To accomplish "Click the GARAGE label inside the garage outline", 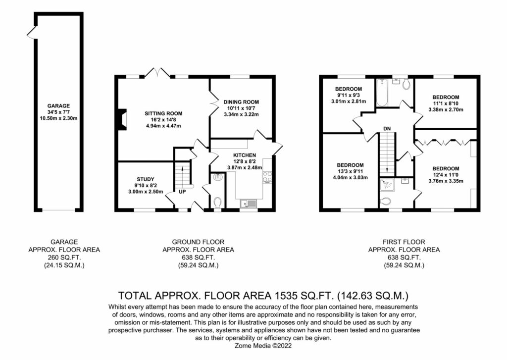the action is pos(58,106).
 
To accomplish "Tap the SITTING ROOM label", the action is pos(163,113).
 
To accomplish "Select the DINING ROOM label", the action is pos(241,102).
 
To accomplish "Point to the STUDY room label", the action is pos(146,179).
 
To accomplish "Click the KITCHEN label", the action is pos(245,155).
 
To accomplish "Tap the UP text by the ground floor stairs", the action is pos(182,192).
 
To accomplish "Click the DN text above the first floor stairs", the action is pos(387,129).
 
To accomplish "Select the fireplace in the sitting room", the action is pos(122,120).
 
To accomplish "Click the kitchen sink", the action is pos(249,204).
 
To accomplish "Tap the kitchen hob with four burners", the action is pos(267,177).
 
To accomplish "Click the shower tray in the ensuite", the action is pos(388,185).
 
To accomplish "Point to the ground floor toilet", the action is pos(218,203).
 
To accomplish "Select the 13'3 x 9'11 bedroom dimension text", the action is pos(350,171).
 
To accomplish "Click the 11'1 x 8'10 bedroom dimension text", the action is pos(446,103).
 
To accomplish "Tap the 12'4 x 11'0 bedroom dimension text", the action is pos(446,175).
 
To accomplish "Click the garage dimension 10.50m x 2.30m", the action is pos(58,118).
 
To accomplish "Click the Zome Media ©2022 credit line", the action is pos(263,346).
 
